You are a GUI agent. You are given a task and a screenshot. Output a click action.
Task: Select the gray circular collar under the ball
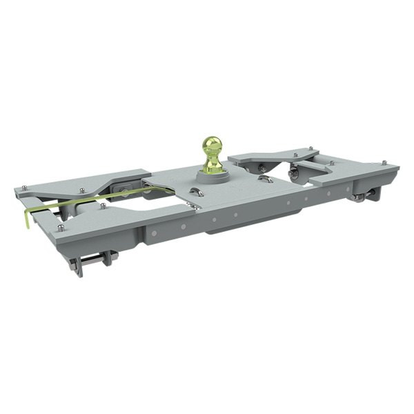[213, 176]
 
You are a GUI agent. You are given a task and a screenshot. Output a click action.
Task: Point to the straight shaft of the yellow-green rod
[103, 197]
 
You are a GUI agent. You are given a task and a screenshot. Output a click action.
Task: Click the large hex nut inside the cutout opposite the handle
[293, 172]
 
